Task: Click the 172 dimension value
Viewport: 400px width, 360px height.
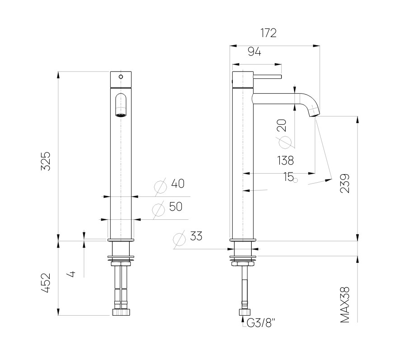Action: (x=268, y=33)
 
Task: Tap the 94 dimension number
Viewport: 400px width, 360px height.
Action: (x=254, y=52)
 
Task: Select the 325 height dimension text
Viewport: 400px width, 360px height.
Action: (x=46, y=161)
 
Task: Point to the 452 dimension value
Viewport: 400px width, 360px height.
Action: (x=46, y=283)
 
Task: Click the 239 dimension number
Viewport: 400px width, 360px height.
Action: (x=345, y=183)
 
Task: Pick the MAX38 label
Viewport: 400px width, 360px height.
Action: (x=345, y=305)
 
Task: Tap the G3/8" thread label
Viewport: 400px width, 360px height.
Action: (x=261, y=323)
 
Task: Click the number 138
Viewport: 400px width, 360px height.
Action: (x=286, y=161)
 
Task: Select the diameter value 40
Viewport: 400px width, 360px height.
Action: (x=178, y=183)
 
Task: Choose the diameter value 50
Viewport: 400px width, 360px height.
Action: (x=176, y=207)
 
